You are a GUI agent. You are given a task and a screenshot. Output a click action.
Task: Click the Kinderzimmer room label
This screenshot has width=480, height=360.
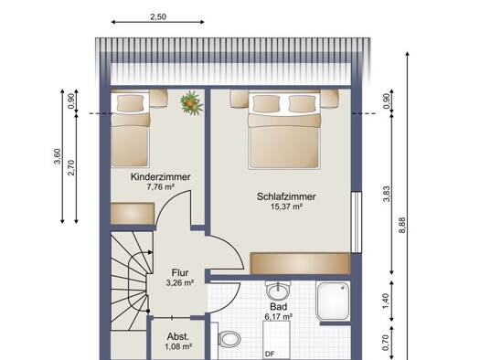[160, 176]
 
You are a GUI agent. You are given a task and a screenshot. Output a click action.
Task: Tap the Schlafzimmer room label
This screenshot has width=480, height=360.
[286, 196]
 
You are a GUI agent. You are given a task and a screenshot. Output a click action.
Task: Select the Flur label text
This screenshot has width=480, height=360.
[180, 272]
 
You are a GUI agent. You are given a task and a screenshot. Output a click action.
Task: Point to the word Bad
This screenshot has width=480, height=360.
[279, 306]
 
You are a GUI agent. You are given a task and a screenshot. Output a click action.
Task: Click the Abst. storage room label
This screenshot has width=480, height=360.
[178, 337]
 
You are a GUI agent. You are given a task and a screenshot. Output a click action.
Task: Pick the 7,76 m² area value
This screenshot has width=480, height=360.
[160, 186]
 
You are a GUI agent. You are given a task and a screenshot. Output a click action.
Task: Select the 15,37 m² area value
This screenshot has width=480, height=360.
[286, 206]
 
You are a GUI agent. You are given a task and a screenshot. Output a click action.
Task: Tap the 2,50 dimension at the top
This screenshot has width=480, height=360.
[158, 16]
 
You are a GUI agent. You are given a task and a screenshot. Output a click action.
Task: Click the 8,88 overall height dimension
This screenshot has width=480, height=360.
[402, 225]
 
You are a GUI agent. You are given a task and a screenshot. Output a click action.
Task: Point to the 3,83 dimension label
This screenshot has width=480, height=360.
[387, 194]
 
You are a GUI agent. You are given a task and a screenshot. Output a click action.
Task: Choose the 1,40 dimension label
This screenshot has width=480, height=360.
[386, 302]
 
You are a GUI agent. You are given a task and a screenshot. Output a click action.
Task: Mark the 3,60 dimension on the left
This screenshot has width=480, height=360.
[58, 156]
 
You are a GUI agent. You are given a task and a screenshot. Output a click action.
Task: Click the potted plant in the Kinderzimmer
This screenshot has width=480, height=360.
[191, 102]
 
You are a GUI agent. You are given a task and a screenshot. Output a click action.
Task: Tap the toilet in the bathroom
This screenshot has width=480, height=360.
[229, 340]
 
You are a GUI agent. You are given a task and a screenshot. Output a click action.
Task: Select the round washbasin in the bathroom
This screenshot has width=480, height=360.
[278, 291]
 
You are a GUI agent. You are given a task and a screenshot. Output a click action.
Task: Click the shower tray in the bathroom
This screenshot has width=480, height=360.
[333, 302]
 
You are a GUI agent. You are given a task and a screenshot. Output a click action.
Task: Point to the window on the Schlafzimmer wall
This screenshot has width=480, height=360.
[357, 222]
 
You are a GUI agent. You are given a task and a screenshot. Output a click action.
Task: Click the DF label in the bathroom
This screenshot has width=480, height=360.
[270, 355]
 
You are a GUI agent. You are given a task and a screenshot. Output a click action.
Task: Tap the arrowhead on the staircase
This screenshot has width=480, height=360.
[150, 252]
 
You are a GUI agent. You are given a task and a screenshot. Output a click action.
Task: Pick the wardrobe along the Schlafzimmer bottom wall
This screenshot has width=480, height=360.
[300, 263]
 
